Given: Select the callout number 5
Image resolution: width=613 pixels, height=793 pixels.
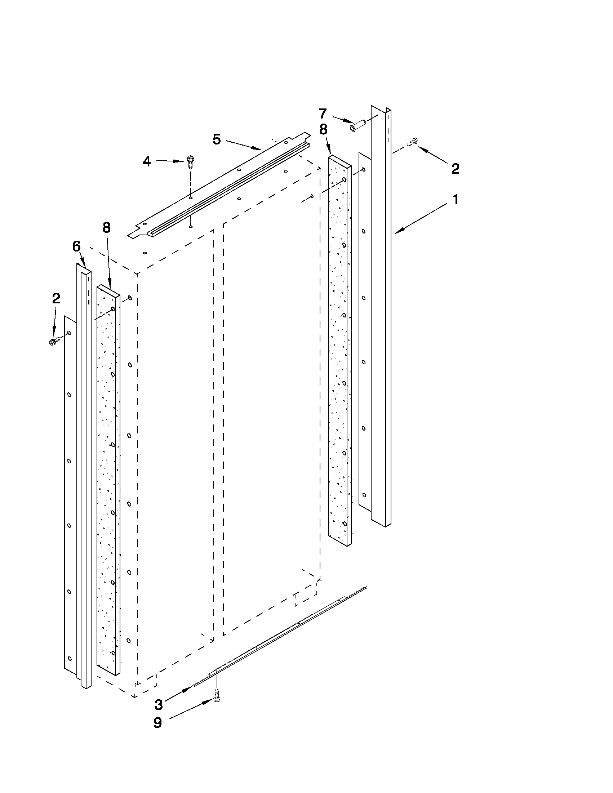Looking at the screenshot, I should point(217,139).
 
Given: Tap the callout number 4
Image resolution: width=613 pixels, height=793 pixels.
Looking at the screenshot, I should point(147,161).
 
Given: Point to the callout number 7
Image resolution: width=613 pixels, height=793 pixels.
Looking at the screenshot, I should point(323,114).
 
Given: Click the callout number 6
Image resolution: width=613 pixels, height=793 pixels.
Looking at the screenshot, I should point(76,246).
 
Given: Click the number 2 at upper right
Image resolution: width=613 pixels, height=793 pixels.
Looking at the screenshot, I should point(455,169).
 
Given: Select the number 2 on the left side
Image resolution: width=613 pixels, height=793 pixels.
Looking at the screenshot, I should point(56,298).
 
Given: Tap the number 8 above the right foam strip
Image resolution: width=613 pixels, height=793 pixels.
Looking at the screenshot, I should point(323,130).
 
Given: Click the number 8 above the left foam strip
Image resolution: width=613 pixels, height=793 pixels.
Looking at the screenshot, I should point(106,228).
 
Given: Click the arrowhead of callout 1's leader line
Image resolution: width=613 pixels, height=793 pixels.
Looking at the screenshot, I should point(397,232).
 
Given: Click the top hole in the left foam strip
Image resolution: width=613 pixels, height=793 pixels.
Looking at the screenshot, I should point(113,309).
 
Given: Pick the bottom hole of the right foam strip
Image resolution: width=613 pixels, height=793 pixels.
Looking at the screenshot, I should point(344,523).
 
